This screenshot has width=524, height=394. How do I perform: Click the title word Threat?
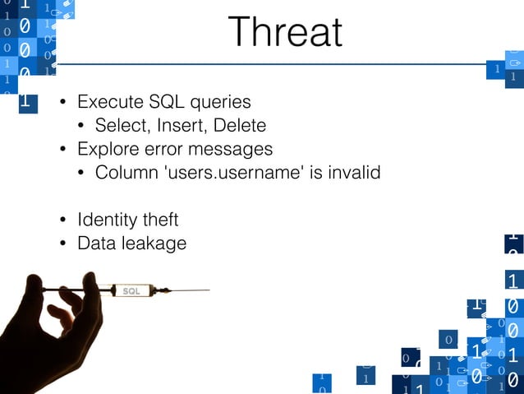(x=285, y=33)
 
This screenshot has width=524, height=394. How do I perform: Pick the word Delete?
(x=239, y=126)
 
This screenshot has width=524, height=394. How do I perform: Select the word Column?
(x=123, y=173)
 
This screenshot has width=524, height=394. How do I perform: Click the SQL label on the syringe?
(x=131, y=291)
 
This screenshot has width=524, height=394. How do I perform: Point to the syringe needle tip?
(x=209, y=290)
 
